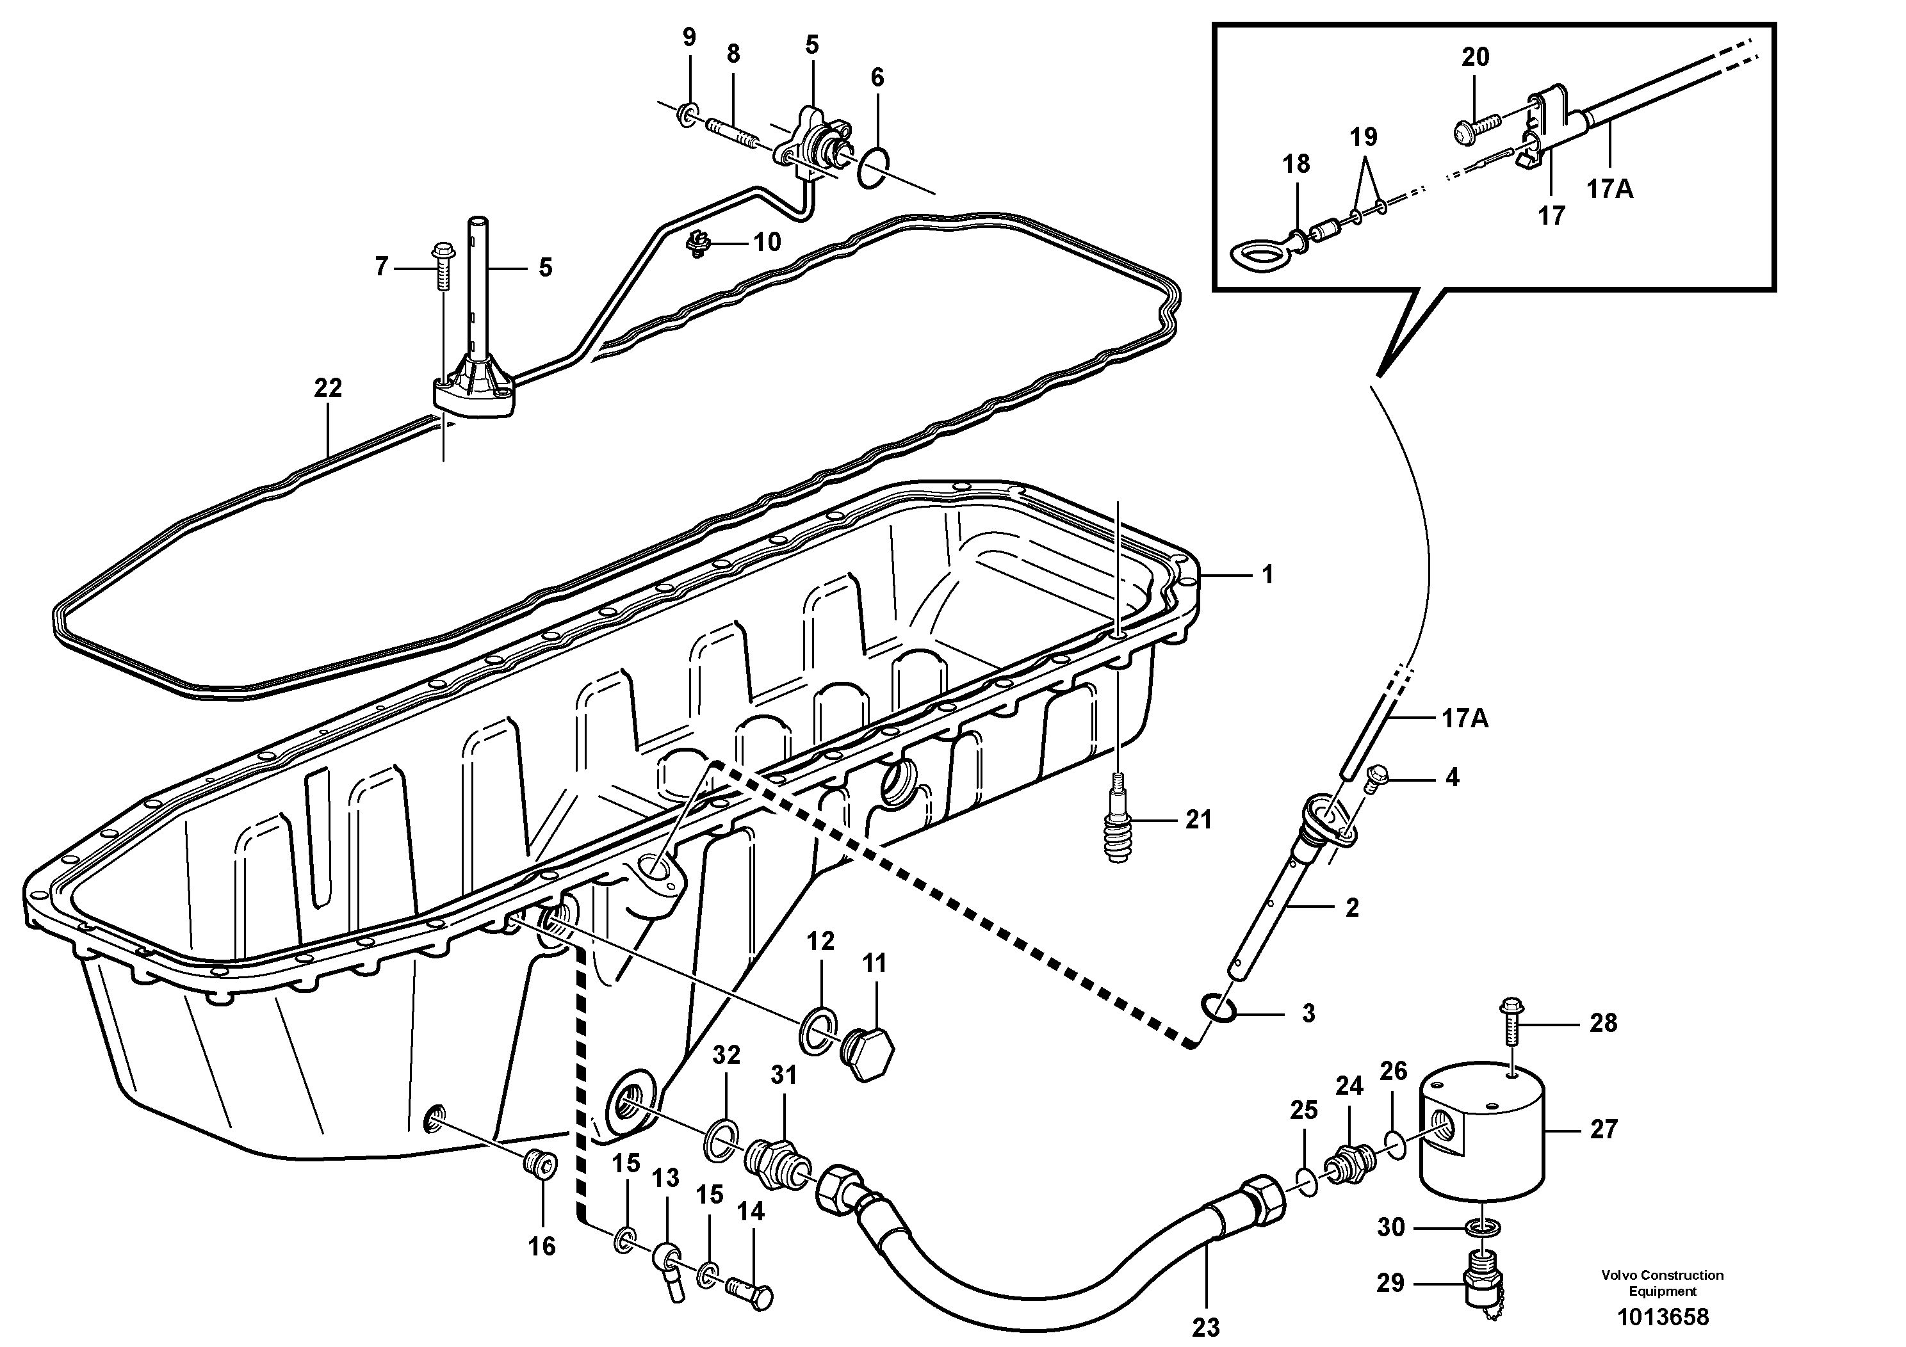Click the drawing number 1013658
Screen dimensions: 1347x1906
tap(1662, 1317)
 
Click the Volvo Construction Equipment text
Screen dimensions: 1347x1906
tap(1662, 1283)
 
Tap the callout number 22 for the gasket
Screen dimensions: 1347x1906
tap(328, 387)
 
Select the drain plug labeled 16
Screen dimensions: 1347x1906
tap(541, 1165)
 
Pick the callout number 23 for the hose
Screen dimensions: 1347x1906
tap(1205, 1327)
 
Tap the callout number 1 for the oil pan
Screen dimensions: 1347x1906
tap(1267, 574)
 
